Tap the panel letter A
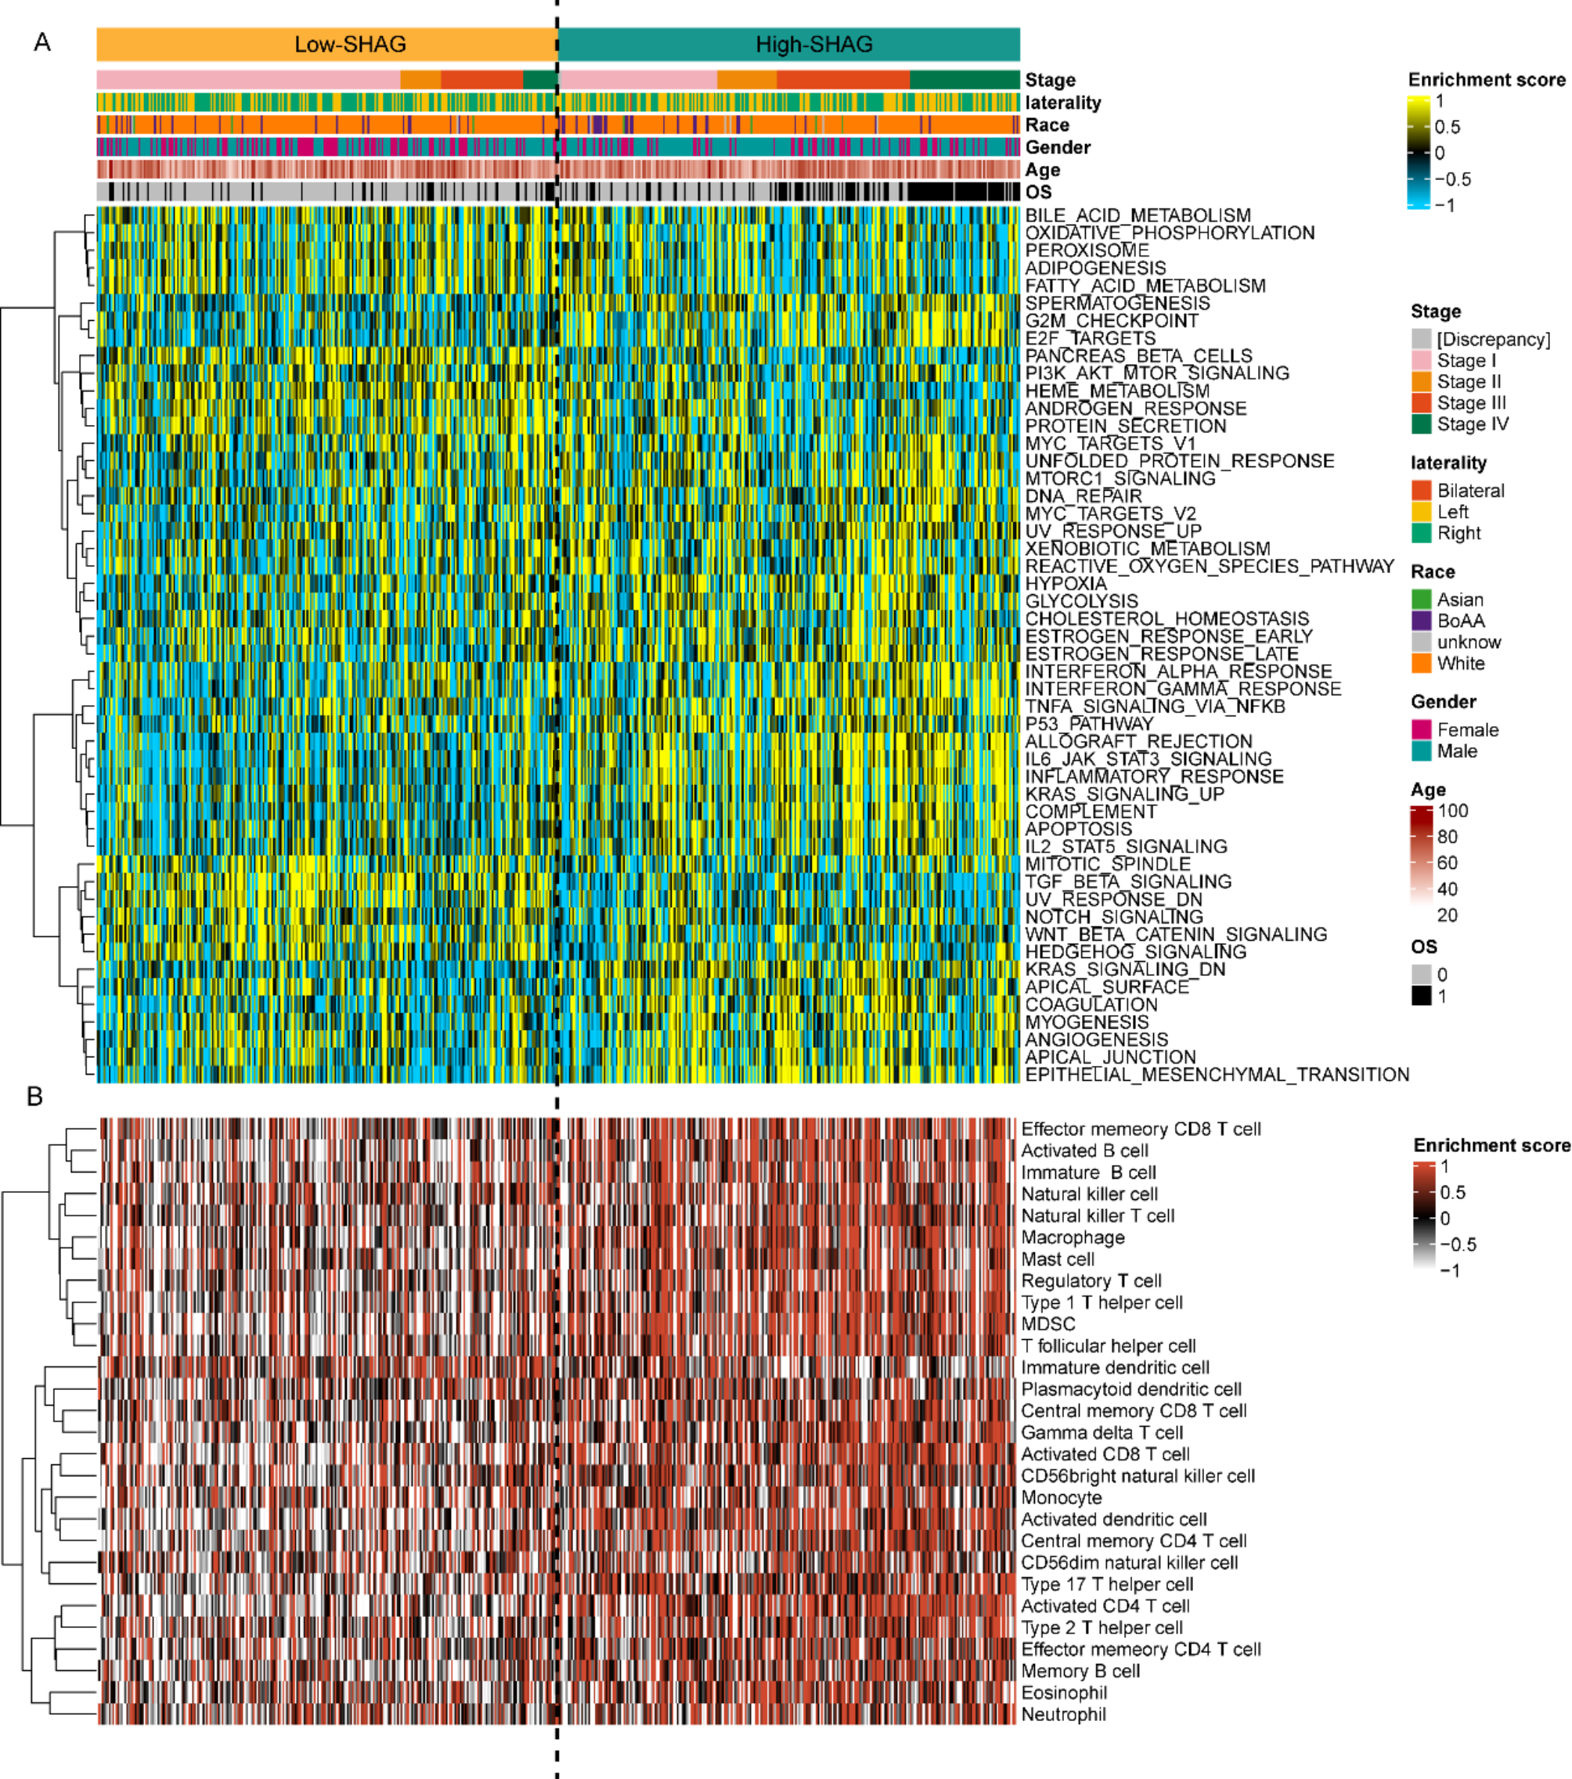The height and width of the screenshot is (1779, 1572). (x=41, y=42)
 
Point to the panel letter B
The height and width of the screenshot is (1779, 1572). (x=34, y=1097)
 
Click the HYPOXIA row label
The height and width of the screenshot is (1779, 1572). (x=1065, y=584)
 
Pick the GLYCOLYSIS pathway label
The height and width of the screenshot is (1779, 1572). (x=1081, y=601)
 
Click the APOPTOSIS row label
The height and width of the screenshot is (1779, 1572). (x=1079, y=830)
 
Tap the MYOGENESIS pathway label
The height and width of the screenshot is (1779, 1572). (x=1087, y=1023)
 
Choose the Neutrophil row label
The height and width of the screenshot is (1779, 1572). (x=1063, y=1715)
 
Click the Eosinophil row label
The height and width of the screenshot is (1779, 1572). (x=1064, y=1693)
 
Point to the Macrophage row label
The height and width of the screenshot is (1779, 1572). (x=1073, y=1237)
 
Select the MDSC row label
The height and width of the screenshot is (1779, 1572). (x=1048, y=1323)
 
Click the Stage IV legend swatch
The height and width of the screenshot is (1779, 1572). (x=1422, y=425)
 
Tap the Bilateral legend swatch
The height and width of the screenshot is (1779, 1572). (x=1422, y=491)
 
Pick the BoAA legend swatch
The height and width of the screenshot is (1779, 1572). (x=1422, y=621)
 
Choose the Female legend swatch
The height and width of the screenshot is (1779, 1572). (x=1422, y=730)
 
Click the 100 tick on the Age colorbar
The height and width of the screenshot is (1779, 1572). (x=1453, y=811)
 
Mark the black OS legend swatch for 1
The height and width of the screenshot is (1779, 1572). (x=1422, y=996)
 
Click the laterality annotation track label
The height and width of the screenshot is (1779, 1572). (x=1063, y=103)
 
